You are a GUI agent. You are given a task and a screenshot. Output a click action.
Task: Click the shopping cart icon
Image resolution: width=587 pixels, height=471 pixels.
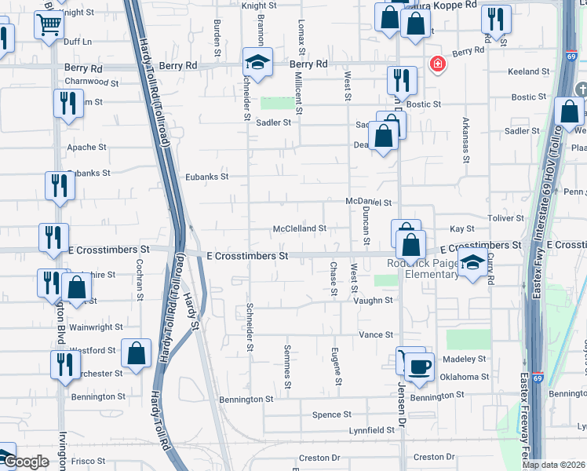point(49,25)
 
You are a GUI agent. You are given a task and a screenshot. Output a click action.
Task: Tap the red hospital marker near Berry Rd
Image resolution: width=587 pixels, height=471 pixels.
point(436,64)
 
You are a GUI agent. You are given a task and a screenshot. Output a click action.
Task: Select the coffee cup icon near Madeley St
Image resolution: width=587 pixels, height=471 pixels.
point(419,367)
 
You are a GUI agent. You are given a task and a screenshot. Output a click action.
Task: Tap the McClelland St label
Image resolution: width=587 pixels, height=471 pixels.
point(299,228)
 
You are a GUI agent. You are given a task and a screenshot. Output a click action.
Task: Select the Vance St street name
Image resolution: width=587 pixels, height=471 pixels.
point(376,334)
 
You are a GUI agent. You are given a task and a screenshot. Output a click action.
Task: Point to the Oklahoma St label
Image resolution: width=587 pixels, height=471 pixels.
point(464,377)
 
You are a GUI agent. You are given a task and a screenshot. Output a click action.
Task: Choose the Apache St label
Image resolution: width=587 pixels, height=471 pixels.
point(86,147)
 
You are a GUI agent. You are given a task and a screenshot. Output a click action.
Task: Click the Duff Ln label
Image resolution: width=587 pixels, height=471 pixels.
point(78,41)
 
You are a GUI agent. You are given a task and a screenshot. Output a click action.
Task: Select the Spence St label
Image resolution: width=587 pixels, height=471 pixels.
point(332,414)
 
